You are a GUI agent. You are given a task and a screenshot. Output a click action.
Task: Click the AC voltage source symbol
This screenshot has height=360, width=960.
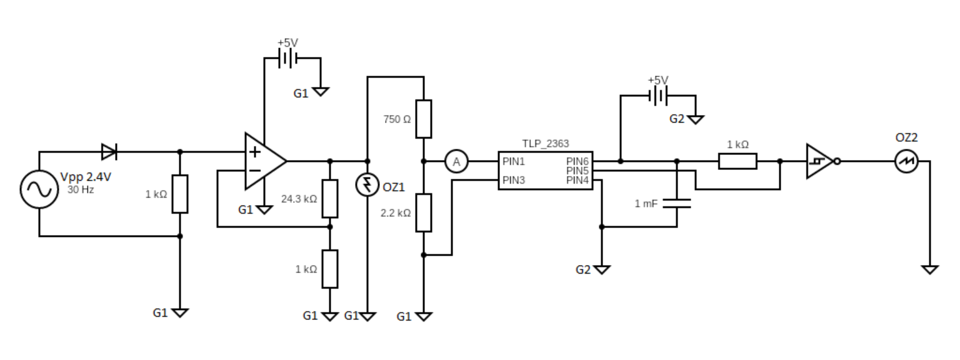click(39, 190)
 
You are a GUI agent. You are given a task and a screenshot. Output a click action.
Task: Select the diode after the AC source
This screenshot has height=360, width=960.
click(109, 151)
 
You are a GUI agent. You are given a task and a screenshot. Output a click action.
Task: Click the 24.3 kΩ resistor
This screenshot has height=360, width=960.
click(330, 198)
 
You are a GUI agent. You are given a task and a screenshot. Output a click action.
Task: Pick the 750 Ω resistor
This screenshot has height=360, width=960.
click(424, 119)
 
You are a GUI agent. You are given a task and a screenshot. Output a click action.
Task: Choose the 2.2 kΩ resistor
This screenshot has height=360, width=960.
click(424, 212)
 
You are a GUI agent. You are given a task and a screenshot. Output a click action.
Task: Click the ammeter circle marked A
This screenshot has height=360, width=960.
click(456, 162)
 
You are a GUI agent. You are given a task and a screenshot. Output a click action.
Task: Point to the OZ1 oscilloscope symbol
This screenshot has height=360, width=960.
click(367, 184)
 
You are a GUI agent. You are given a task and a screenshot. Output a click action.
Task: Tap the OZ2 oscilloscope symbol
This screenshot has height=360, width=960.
click(906, 161)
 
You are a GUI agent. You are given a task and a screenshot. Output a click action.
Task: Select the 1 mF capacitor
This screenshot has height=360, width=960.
click(677, 202)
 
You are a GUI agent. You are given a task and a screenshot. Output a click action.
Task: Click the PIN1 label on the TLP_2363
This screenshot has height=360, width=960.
click(513, 161)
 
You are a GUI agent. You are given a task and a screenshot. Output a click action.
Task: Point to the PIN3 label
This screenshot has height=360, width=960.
click(513, 181)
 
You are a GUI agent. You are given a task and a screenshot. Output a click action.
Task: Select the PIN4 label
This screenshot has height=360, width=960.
click(577, 181)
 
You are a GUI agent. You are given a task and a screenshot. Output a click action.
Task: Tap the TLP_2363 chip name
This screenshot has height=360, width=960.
click(546, 144)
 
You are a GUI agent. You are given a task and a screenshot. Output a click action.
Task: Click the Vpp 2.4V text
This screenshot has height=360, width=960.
click(86, 177)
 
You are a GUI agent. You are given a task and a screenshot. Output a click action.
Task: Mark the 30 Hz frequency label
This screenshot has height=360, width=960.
click(80, 189)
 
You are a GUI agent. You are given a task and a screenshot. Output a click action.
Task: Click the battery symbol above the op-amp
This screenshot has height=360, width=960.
click(288, 58)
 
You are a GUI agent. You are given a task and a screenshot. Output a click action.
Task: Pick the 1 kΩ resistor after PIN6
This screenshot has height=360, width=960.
click(737, 161)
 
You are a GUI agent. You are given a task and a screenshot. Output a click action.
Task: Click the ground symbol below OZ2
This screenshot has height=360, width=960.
click(929, 269)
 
